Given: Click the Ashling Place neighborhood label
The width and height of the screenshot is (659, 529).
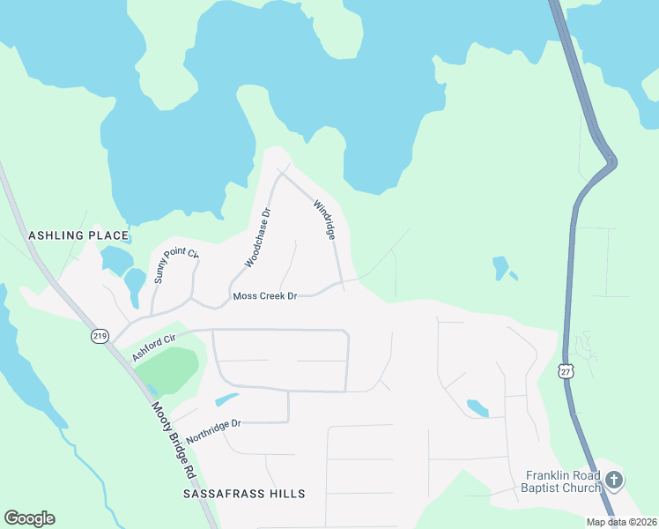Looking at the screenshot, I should [x=78, y=236].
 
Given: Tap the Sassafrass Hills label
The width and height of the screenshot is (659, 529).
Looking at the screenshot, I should [x=244, y=494].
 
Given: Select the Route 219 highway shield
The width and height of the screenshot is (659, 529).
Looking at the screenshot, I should [x=99, y=336].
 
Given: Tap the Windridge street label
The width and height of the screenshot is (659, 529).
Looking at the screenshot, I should [x=324, y=220].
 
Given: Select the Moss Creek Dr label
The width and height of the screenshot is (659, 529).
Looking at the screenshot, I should [x=265, y=296].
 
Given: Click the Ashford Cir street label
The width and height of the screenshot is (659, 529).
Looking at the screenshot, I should [x=155, y=346].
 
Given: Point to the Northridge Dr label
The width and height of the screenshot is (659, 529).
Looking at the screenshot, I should [x=213, y=431].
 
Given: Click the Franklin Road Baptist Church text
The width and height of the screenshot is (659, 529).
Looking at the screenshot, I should [x=559, y=481].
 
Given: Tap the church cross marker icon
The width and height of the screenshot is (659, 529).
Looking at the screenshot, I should [x=615, y=481].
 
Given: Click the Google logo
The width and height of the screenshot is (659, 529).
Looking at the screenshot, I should [x=29, y=518].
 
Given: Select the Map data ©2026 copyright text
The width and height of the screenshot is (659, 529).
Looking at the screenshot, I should [x=620, y=522].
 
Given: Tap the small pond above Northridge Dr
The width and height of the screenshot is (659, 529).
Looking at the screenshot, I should [x=226, y=399].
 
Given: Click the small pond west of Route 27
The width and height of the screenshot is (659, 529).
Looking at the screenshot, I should [x=500, y=266].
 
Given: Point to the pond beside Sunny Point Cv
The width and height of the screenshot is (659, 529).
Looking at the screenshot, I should [x=135, y=285].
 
